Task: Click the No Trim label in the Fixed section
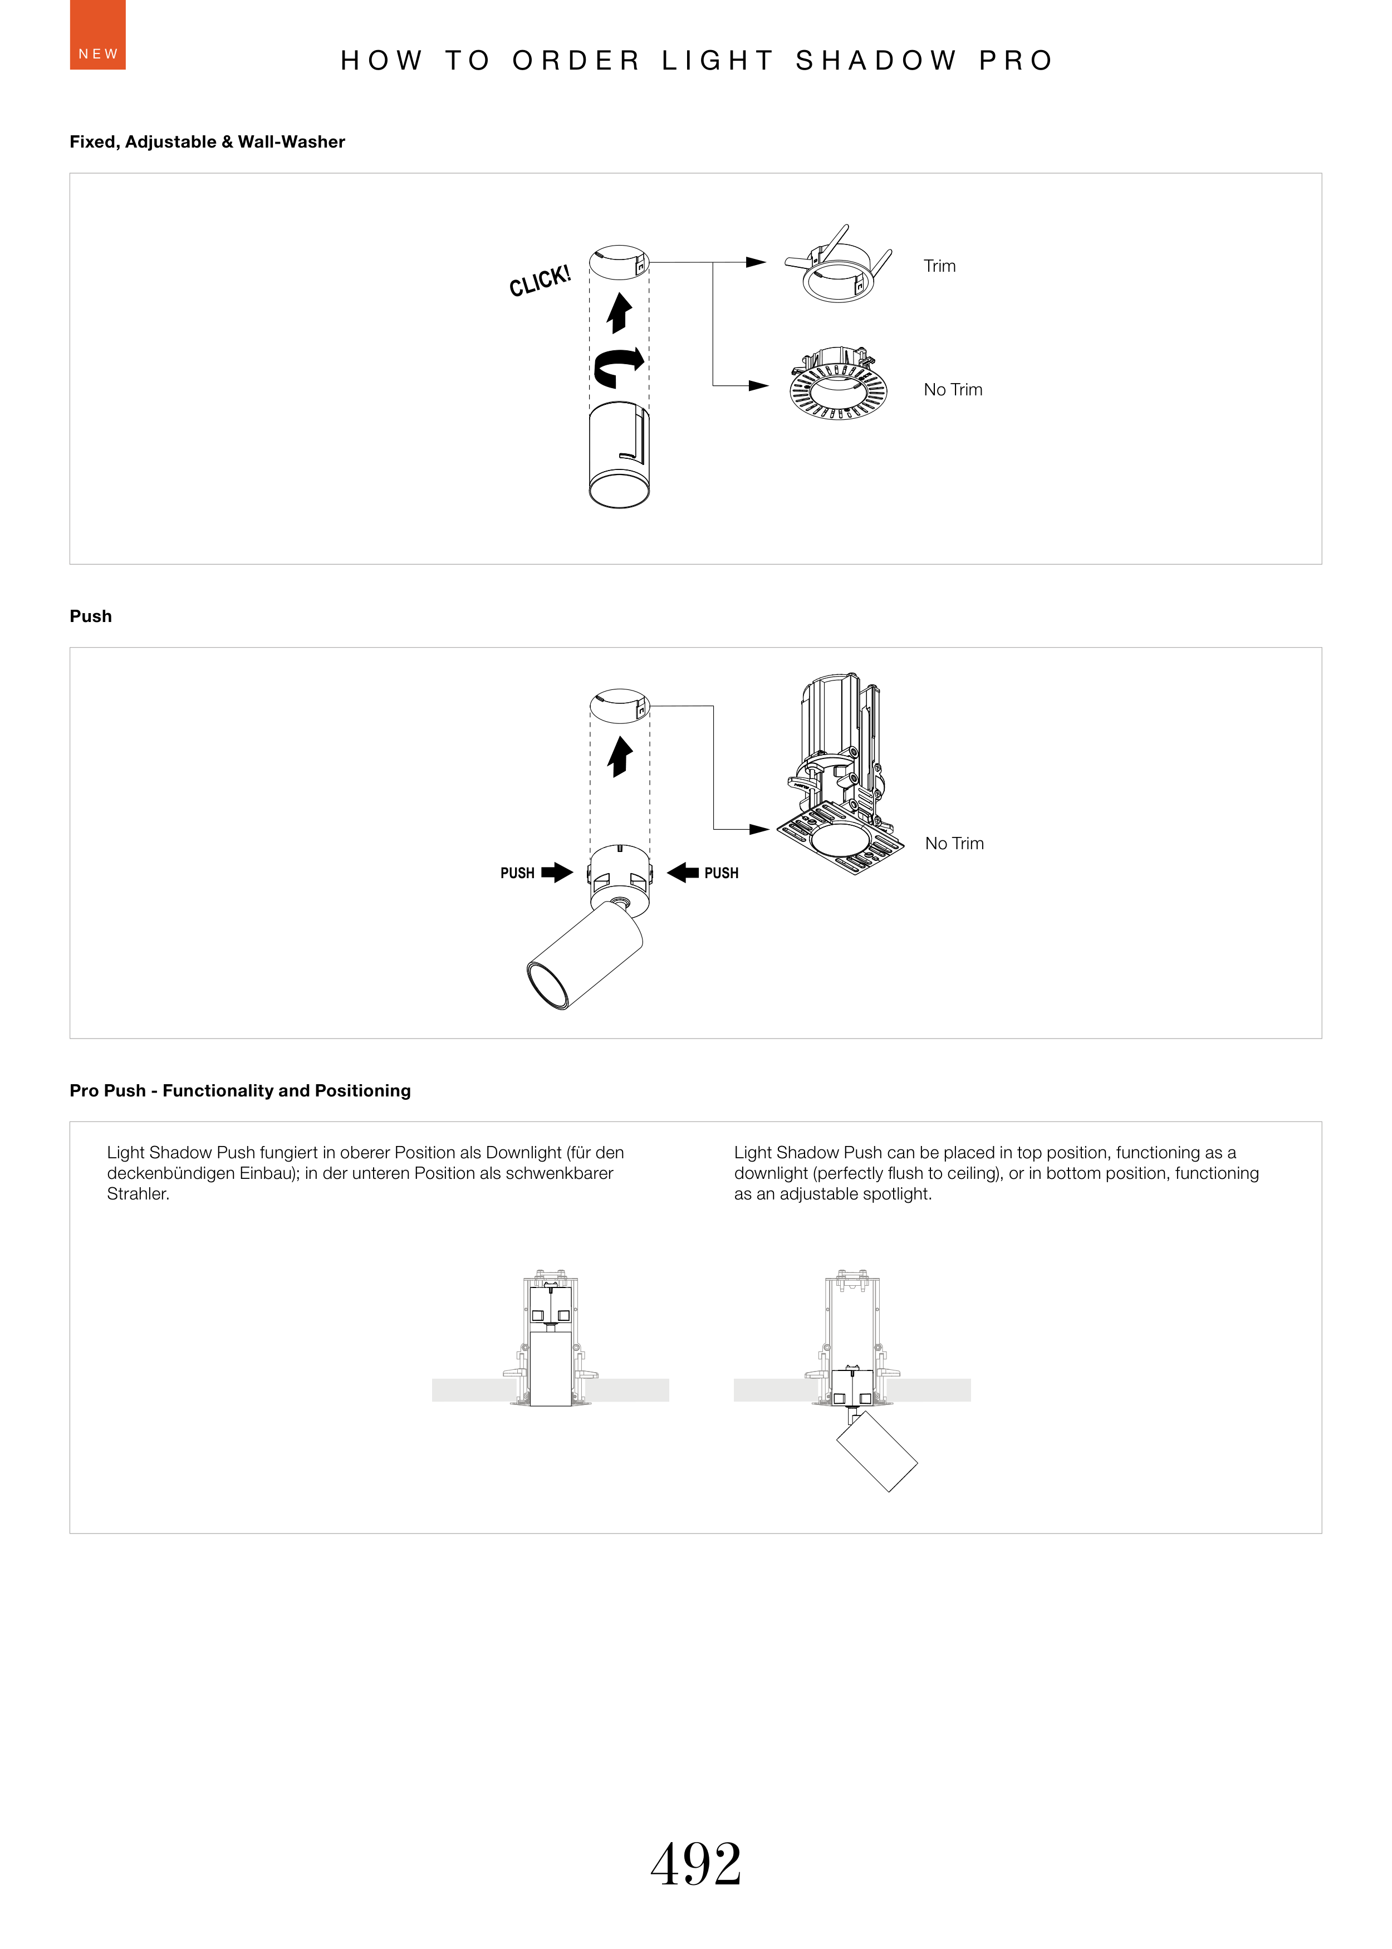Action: (952, 390)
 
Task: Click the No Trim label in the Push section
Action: (954, 844)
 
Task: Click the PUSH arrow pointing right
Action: (557, 873)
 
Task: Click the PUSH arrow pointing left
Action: (683, 873)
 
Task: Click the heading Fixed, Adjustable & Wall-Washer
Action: (208, 142)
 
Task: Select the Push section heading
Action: (91, 616)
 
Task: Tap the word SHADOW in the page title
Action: (876, 61)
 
